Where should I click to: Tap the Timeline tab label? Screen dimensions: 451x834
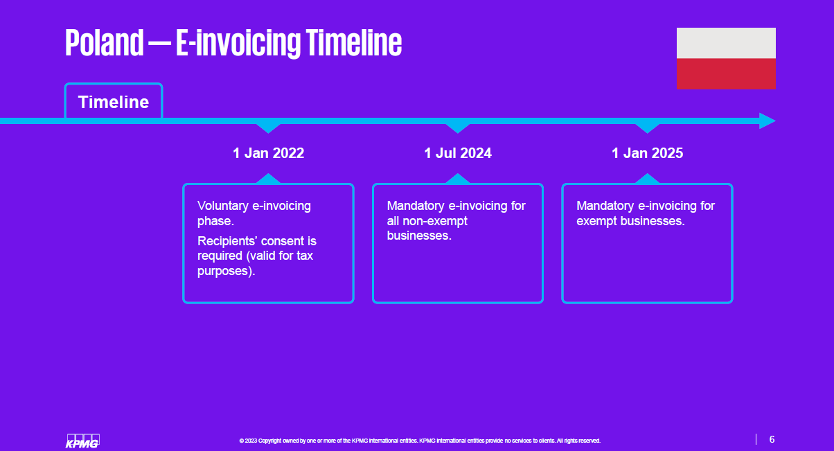[114, 103]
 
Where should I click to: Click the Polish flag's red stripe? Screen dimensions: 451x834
[726, 74]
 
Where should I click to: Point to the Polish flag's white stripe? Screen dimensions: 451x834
[726, 43]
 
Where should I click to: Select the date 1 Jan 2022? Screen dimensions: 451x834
[268, 153]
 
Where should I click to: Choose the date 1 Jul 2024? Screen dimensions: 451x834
[458, 153]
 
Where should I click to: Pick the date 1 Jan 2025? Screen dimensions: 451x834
[647, 153]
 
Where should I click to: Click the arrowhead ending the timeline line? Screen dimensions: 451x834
[767, 121]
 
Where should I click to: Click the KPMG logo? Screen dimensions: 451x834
[82, 441]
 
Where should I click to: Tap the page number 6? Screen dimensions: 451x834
[772, 439]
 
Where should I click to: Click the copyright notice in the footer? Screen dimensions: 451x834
[420, 441]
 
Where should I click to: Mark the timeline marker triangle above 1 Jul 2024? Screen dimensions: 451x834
[458, 127]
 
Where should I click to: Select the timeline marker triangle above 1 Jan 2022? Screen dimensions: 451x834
[268, 127]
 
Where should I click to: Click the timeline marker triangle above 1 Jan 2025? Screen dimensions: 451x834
[647, 127]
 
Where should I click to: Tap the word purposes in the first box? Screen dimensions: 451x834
[222, 271]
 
